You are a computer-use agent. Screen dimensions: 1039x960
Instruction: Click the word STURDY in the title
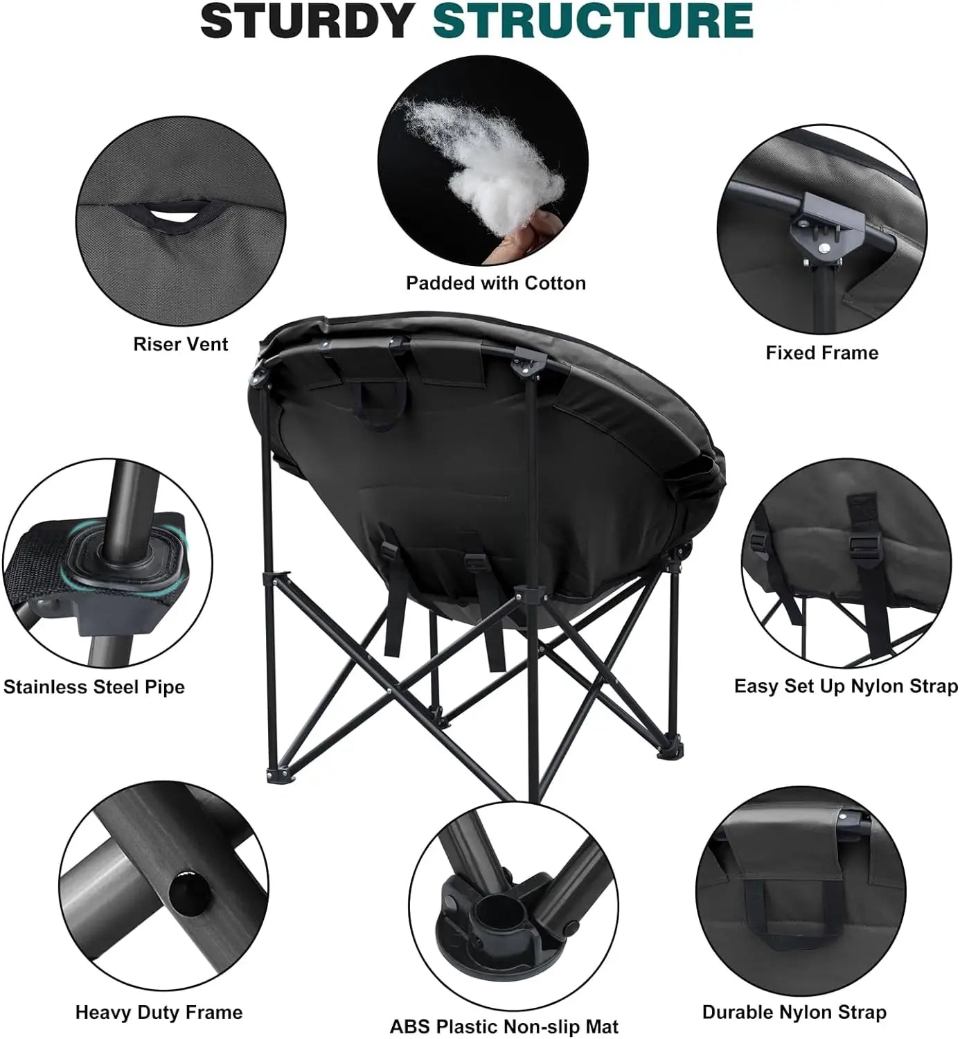click(308, 21)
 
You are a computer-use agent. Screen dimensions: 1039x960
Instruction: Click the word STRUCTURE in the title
click(593, 21)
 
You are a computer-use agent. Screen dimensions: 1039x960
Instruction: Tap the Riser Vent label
click(180, 344)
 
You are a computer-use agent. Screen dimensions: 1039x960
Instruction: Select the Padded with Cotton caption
click(495, 283)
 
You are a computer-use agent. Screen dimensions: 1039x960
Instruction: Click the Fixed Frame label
click(821, 353)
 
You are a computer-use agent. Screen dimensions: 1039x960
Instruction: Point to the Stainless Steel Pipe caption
click(94, 687)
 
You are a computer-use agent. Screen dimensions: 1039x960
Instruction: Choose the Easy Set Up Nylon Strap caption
click(846, 686)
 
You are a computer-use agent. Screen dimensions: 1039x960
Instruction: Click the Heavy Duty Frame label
click(159, 1013)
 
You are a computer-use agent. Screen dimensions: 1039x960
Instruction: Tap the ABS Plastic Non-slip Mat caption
click(504, 1027)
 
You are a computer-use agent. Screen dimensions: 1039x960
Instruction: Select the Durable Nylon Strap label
click(794, 1012)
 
